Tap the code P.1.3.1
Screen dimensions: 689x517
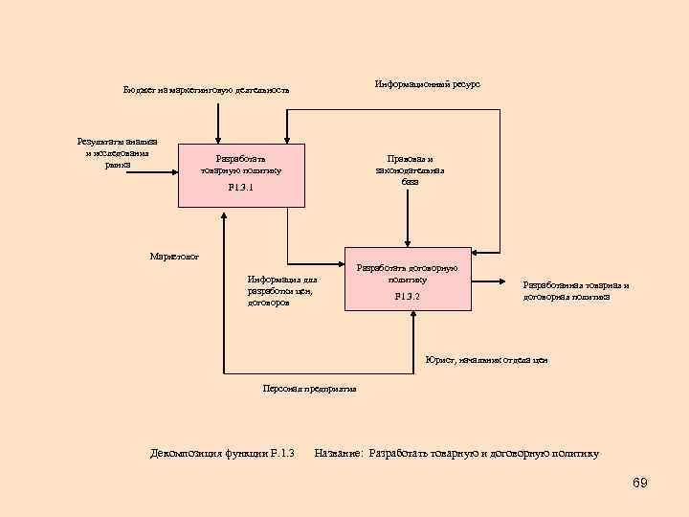tap(241, 188)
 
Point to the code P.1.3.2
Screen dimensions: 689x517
tap(408, 297)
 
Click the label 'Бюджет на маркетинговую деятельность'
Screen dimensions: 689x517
tap(206, 90)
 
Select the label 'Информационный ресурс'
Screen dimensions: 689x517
tap(427, 84)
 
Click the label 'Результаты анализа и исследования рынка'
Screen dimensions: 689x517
tap(117, 153)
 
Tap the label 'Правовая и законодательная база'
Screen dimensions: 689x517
tap(410, 169)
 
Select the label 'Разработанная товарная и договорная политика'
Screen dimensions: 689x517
tap(576, 290)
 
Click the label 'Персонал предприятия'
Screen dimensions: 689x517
tap(309, 389)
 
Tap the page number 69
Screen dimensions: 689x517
tap(640, 483)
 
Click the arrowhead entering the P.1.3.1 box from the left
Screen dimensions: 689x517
tap(173, 171)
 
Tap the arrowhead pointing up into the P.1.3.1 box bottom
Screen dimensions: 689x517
tap(225, 212)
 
